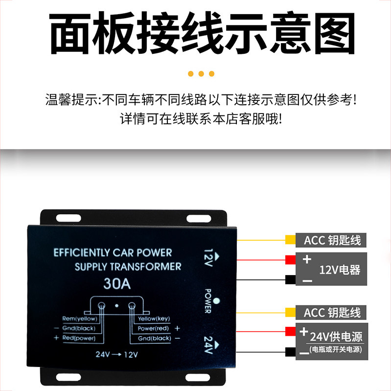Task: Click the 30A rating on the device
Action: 116,284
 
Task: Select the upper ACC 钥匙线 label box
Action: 332,240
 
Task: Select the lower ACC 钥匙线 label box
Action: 332,312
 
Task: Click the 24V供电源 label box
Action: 332,341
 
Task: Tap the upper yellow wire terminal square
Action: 290,240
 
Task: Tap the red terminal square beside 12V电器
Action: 290,259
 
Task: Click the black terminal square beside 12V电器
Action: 290,280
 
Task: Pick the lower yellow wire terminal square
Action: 290,312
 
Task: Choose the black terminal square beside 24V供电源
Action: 290,351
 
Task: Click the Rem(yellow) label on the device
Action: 80,319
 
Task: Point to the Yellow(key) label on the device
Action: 151,319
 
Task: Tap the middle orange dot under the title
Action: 201,74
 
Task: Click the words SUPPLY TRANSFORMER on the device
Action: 128,267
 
